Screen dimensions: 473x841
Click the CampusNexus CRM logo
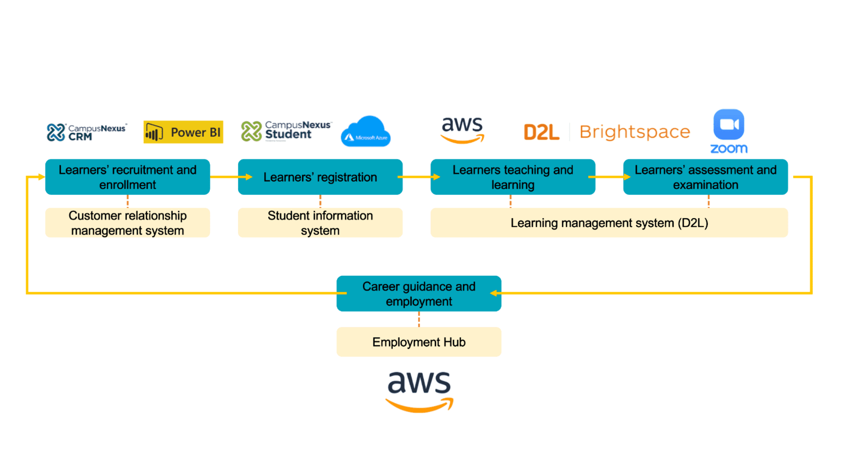coord(86,132)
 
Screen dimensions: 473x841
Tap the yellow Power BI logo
coord(183,132)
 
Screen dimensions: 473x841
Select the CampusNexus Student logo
coord(286,131)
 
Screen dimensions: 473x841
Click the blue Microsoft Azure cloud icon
coord(366,132)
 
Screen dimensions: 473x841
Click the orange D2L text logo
coord(541,132)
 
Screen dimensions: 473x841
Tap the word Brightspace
coord(635,132)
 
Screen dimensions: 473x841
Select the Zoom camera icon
coord(729,124)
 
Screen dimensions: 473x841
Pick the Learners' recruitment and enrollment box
coord(127,177)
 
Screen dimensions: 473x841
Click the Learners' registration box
coord(320,177)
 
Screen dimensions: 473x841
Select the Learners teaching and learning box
coord(513,177)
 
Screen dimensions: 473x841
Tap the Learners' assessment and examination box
coord(705,177)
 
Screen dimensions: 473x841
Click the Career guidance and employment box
coord(419,293)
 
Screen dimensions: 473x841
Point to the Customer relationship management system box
coord(127,223)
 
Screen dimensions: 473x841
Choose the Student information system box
coord(320,223)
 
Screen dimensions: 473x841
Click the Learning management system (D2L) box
coord(609,223)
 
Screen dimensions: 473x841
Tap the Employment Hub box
coord(419,342)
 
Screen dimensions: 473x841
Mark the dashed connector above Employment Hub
coord(419,319)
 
